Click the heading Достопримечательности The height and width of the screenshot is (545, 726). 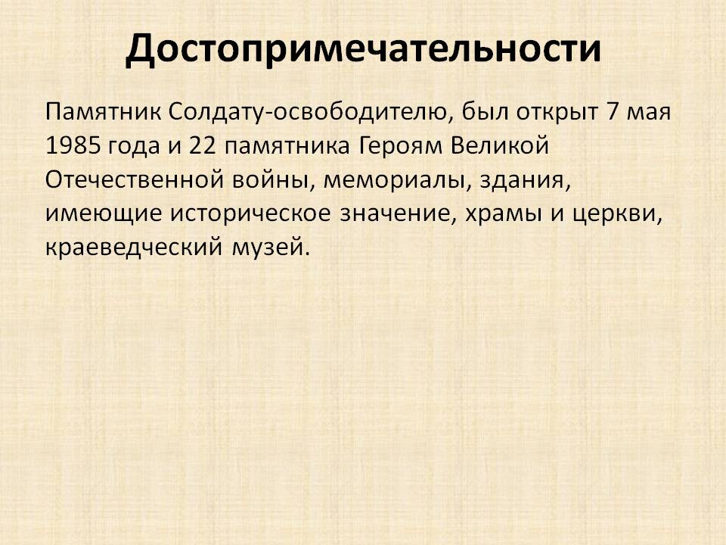[363, 48]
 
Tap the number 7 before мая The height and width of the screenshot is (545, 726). [612, 112]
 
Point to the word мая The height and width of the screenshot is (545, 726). [648, 115]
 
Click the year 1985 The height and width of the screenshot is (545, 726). [73, 146]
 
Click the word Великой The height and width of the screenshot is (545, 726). [500, 145]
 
